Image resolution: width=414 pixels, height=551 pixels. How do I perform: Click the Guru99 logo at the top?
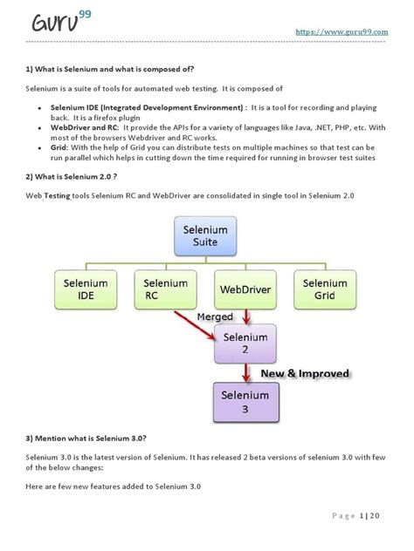click(53, 22)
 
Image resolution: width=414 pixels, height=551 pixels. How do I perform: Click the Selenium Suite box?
click(205, 235)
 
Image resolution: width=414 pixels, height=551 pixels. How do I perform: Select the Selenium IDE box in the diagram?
click(86, 290)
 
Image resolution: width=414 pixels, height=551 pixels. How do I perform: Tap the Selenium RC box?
click(166, 290)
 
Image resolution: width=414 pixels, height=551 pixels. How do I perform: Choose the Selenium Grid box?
click(324, 290)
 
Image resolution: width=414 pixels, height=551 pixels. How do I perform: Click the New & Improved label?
click(307, 373)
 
